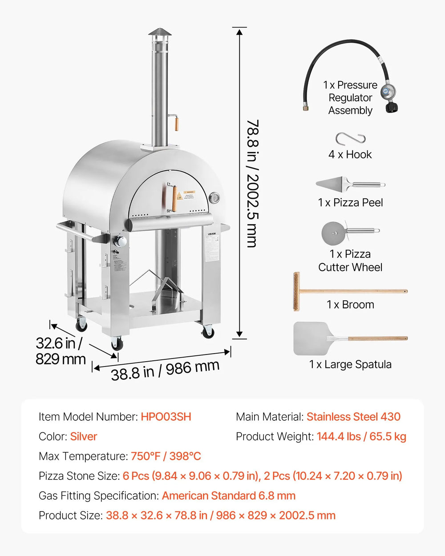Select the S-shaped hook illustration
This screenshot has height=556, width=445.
tap(350, 139)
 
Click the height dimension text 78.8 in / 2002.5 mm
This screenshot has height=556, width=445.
tap(252, 183)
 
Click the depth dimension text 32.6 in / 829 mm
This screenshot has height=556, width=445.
tap(60, 351)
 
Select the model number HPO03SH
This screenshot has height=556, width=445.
tap(166, 417)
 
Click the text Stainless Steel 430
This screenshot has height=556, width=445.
tap(353, 417)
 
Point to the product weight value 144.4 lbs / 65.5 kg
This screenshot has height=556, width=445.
tap(361, 436)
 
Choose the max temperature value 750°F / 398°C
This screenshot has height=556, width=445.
tap(166, 456)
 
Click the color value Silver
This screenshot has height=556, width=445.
tap(84, 436)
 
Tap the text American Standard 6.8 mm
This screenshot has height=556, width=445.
tap(228, 496)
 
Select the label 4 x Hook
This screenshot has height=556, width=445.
tap(350, 155)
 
